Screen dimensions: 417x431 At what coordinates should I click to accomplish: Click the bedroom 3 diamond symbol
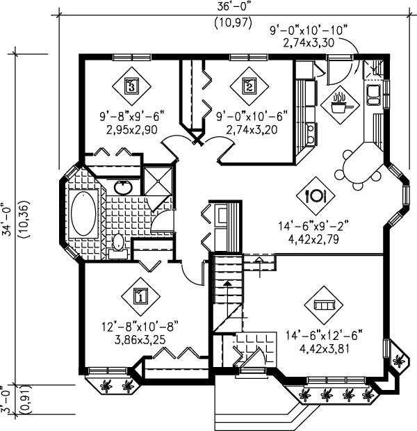point(131,86)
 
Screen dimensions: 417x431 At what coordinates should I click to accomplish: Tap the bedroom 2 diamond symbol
point(250,86)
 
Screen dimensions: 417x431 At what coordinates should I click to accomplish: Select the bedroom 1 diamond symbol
point(140,297)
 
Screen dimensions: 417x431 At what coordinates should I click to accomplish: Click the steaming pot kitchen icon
point(340,104)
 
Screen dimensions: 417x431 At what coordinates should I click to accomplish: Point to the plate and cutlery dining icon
point(316,196)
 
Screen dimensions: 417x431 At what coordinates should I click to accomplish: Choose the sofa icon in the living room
point(324,305)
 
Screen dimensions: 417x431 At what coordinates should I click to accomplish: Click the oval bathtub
point(83,213)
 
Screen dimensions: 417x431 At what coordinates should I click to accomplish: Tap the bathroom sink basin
point(124,188)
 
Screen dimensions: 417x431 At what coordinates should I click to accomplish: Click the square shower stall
point(158,181)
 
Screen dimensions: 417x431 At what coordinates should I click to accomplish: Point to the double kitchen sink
point(373,95)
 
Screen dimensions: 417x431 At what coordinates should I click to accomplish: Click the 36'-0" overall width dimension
point(234,6)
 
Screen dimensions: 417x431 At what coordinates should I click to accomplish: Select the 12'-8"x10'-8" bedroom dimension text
point(140,327)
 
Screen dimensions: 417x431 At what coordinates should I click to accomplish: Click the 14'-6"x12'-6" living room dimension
point(324,336)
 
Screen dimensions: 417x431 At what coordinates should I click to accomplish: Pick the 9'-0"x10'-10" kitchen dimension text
point(308,31)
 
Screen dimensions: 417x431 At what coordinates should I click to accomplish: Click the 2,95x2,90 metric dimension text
point(131,129)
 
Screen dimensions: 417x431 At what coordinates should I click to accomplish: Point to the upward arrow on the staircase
point(227,293)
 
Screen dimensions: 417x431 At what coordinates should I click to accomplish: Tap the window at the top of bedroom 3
point(132,57)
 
